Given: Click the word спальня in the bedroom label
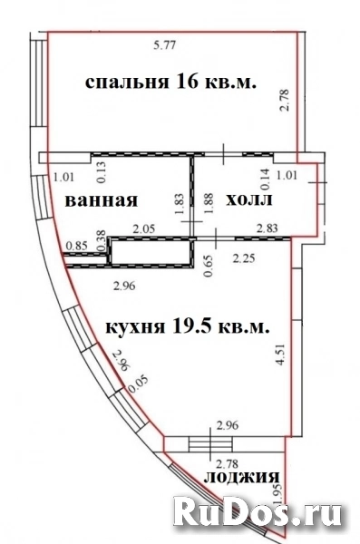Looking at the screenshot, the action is click(x=127, y=83).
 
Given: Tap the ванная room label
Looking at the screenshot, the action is click(x=102, y=200).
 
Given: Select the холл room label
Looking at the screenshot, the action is click(x=249, y=199).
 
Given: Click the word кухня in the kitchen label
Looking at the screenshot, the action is click(x=135, y=327).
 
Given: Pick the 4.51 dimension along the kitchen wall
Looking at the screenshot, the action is click(x=280, y=355).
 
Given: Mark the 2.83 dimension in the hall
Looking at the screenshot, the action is click(x=267, y=228).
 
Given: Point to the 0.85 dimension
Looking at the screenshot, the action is click(x=76, y=246).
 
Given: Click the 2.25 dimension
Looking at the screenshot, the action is click(x=244, y=258).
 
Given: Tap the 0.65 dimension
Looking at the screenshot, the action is click(x=209, y=265).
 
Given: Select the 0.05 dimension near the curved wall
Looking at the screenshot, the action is click(x=138, y=384).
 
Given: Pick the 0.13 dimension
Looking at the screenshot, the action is click(x=102, y=171).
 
